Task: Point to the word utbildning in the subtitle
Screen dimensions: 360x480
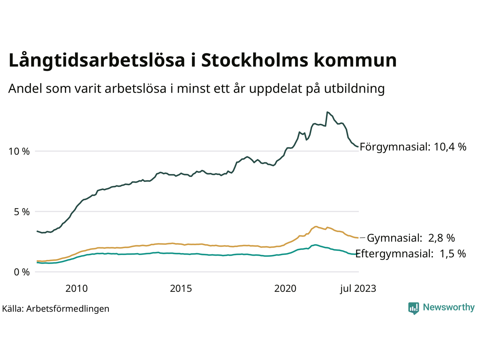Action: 354,89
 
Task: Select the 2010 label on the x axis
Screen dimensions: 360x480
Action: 76,288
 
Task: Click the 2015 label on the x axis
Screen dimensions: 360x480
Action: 181,288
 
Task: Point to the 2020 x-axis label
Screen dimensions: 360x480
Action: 285,288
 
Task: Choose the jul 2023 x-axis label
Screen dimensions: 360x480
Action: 358,288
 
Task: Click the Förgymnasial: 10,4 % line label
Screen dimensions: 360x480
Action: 413,147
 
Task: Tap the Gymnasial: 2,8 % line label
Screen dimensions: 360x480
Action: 411,238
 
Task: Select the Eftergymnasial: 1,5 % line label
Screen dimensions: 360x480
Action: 410,253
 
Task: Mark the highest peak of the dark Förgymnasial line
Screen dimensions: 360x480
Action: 327,112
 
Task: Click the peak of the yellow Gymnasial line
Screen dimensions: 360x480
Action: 316,226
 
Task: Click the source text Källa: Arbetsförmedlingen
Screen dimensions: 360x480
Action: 55,309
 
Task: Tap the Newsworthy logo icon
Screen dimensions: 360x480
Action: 413,308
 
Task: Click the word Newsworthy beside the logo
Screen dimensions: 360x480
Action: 448,307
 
